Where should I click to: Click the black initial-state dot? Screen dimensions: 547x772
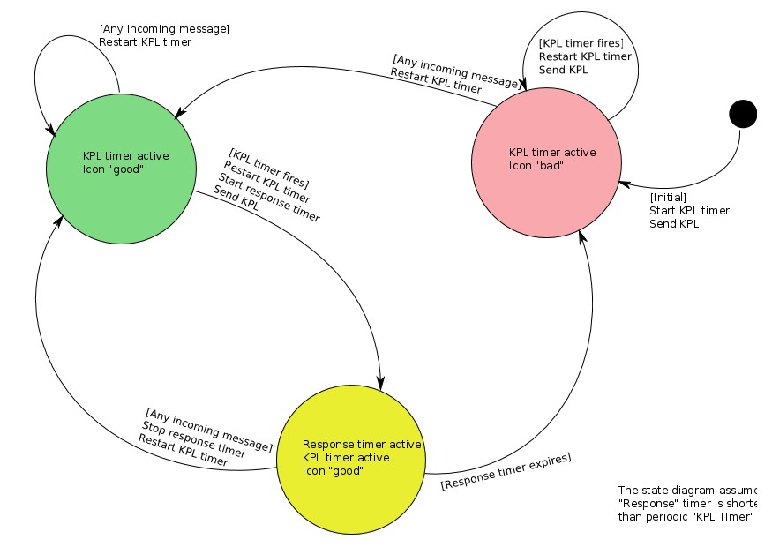(x=743, y=114)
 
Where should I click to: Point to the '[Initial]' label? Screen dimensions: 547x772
(x=668, y=197)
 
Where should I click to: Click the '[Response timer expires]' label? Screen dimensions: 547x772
(x=506, y=471)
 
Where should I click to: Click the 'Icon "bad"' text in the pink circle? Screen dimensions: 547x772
(x=536, y=165)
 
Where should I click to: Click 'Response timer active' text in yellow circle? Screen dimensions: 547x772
(x=362, y=444)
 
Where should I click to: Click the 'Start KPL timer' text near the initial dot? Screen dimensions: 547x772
(x=689, y=210)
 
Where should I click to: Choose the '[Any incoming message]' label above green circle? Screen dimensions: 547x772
(x=164, y=29)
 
